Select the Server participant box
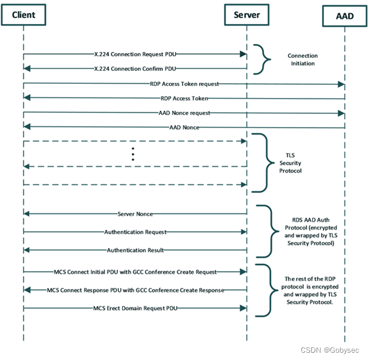(x=246, y=15)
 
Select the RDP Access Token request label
(x=185, y=83)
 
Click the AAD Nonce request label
(x=185, y=113)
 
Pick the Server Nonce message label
(x=136, y=214)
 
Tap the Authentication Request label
(x=135, y=232)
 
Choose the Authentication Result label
(x=135, y=250)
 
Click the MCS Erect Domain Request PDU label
(x=136, y=308)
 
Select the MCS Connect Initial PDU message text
(x=136, y=272)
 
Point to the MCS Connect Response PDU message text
(x=136, y=290)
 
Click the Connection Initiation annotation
(x=302, y=59)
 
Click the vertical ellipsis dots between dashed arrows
(x=133, y=155)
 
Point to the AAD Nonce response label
(x=185, y=127)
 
